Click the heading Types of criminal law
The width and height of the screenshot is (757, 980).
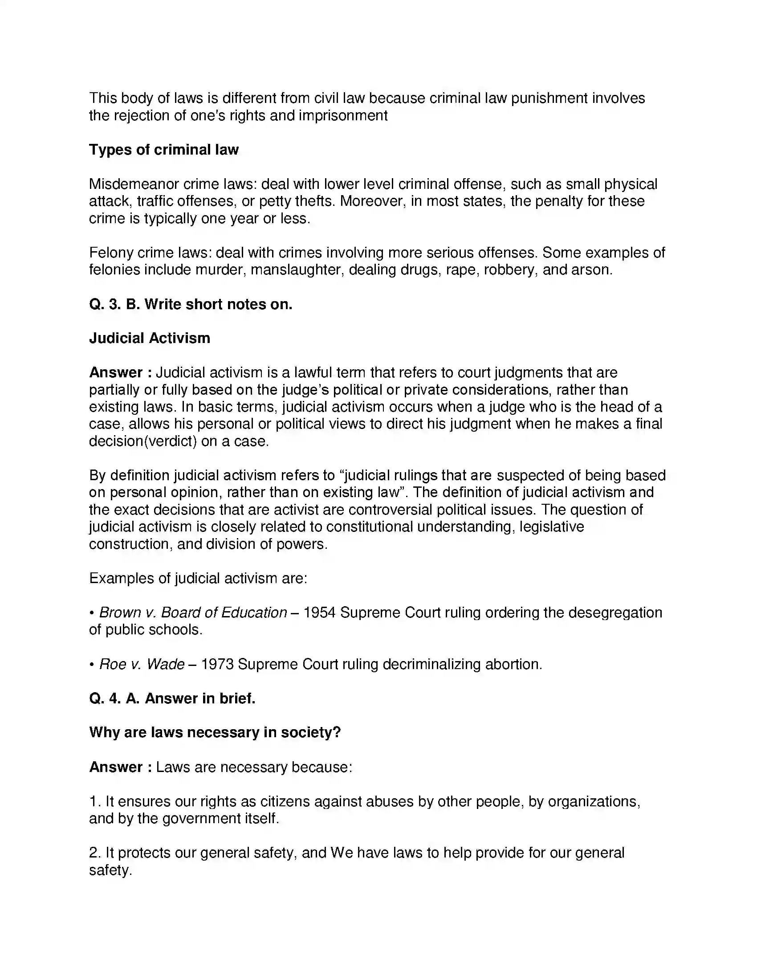click(x=164, y=149)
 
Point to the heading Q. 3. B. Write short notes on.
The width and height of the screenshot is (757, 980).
click(x=191, y=304)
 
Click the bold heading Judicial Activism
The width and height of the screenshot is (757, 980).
click(x=149, y=338)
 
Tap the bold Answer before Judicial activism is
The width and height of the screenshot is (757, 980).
click(x=116, y=372)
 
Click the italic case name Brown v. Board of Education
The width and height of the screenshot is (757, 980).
click(x=193, y=612)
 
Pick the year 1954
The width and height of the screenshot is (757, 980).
click(x=319, y=612)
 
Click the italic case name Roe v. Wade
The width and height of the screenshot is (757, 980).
click(x=142, y=664)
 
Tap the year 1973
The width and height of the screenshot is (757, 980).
click(x=217, y=664)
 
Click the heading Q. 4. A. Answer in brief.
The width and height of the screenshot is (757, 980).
click(x=172, y=698)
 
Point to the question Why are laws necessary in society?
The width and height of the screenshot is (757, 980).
click(x=215, y=732)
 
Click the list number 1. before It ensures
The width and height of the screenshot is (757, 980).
click(x=95, y=801)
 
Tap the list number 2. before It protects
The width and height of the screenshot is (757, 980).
click(x=95, y=853)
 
